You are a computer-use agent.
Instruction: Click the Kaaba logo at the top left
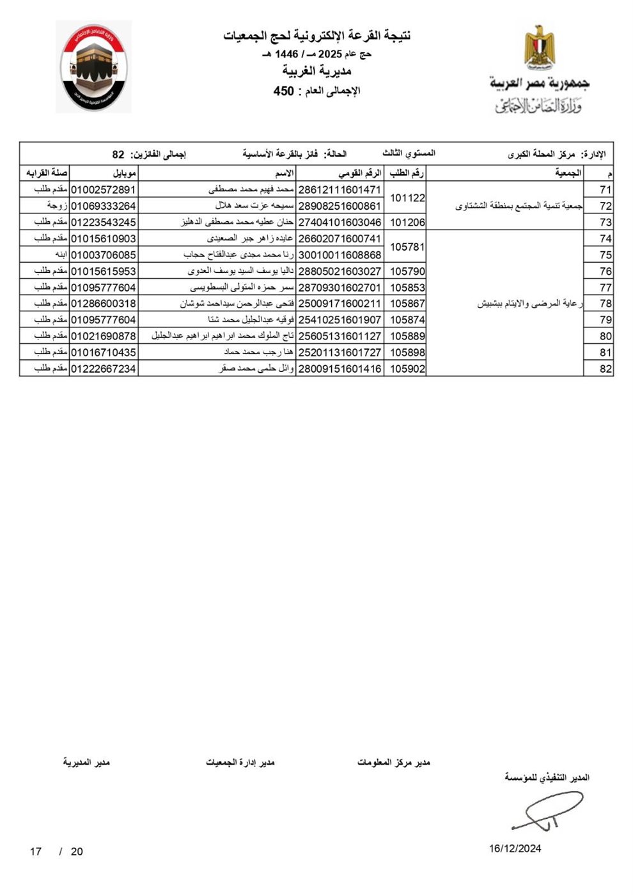[x=93, y=66]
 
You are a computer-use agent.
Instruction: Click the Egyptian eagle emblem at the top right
[x=540, y=47]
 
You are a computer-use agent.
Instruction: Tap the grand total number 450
[x=283, y=91]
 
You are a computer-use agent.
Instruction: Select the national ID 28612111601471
[x=340, y=190]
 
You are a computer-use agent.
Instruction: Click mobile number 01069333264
[x=103, y=206]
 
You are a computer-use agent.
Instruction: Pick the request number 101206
[x=407, y=222]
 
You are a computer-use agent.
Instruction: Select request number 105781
[x=407, y=246]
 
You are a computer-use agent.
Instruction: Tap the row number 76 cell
[x=605, y=271]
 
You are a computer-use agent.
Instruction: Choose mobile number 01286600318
[x=103, y=304]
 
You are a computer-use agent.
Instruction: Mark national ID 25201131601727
[x=340, y=352]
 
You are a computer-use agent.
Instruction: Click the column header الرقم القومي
[x=359, y=173]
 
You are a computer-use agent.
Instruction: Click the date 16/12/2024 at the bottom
[x=515, y=848]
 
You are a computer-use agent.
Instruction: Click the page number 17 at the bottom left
[x=36, y=852]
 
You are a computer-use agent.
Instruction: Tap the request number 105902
[x=407, y=368]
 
